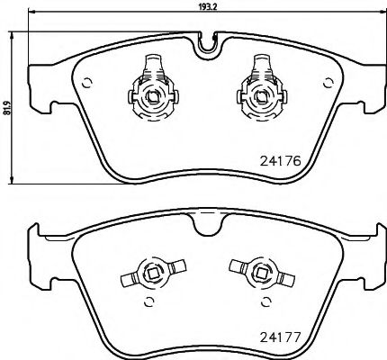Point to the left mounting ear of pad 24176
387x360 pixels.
[x=40, y=67]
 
